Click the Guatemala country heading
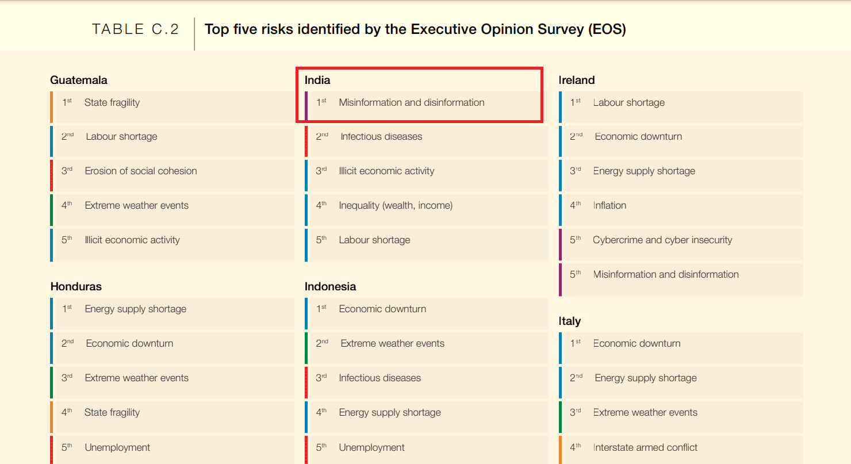(x=79, y=80)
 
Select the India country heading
(x=317, y=80)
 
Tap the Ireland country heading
(x=577, y=80)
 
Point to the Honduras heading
(x=76, y=286)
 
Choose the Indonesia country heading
(x=330, y=286)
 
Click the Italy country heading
(x=569, y=321)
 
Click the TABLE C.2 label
(x=136, y=29)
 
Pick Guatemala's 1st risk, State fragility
(x=112, y=102)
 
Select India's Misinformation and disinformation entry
(x=412, y=102)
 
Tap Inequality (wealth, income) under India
(x=396, y=205)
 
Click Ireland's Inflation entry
(x=609, y=205)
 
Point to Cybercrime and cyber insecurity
(x=662, y=240)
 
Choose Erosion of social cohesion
(x=141, y=171)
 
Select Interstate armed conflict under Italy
(x=645, y=447)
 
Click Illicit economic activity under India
(x=386, y=171)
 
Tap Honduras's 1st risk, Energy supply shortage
(x=136, y=309)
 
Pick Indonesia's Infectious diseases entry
(x=379, y=378)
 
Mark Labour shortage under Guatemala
(x=121, y=136)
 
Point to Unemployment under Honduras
(x=117, y=447)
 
